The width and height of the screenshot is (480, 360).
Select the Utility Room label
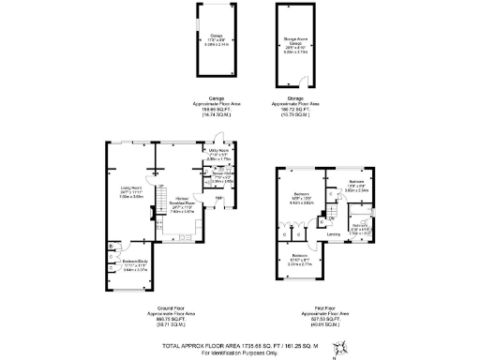click(217, 153)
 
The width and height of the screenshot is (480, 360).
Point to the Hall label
click(218, 198)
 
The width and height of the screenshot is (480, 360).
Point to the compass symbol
click(344, 344)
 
